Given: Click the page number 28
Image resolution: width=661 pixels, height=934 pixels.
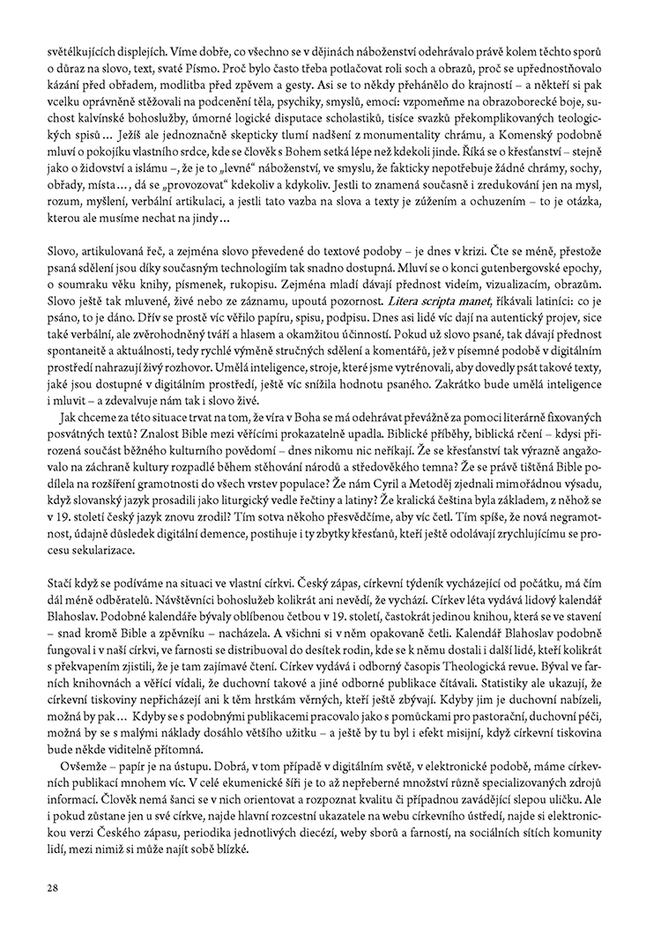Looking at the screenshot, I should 54,887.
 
